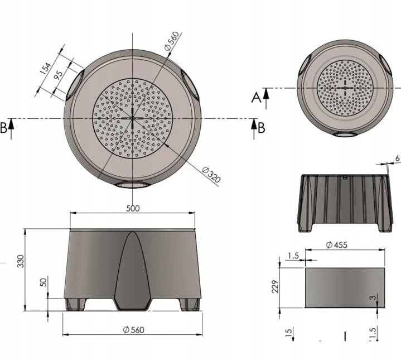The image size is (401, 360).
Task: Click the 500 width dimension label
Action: click(x=133, y=209)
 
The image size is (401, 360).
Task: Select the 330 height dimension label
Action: click(x=21, y=261)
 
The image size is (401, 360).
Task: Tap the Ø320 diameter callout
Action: click(x=211, y=175)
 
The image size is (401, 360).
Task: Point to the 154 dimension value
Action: click(x=46, y=68)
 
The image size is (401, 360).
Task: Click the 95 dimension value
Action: click(x=58, y=75)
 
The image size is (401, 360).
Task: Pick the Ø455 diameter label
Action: click(x=337, y=245)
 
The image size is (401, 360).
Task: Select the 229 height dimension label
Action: click(x=275, y=286)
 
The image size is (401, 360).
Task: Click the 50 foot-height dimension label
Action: click(x=44, y=282)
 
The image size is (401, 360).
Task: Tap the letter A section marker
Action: click(x=256, y=98)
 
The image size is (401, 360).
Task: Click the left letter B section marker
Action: click(x=3, y=128)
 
